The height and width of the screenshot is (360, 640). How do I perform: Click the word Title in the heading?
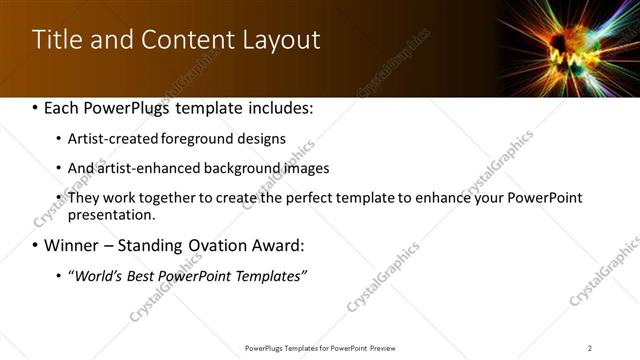pyautogui.click(x=57, y=40)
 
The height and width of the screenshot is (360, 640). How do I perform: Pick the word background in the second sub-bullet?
pyautogui.click(x=219, y=168)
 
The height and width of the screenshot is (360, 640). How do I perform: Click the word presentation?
pyautogui.click(x=110, y=214)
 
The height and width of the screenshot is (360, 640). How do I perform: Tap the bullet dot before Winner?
pyautogui.click(x=36, y=246)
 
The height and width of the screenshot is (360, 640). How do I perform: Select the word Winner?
pyautogui.click(x=73, y=246)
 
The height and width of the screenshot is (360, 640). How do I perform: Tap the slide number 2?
pyautogui.click(x=590, y=347)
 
